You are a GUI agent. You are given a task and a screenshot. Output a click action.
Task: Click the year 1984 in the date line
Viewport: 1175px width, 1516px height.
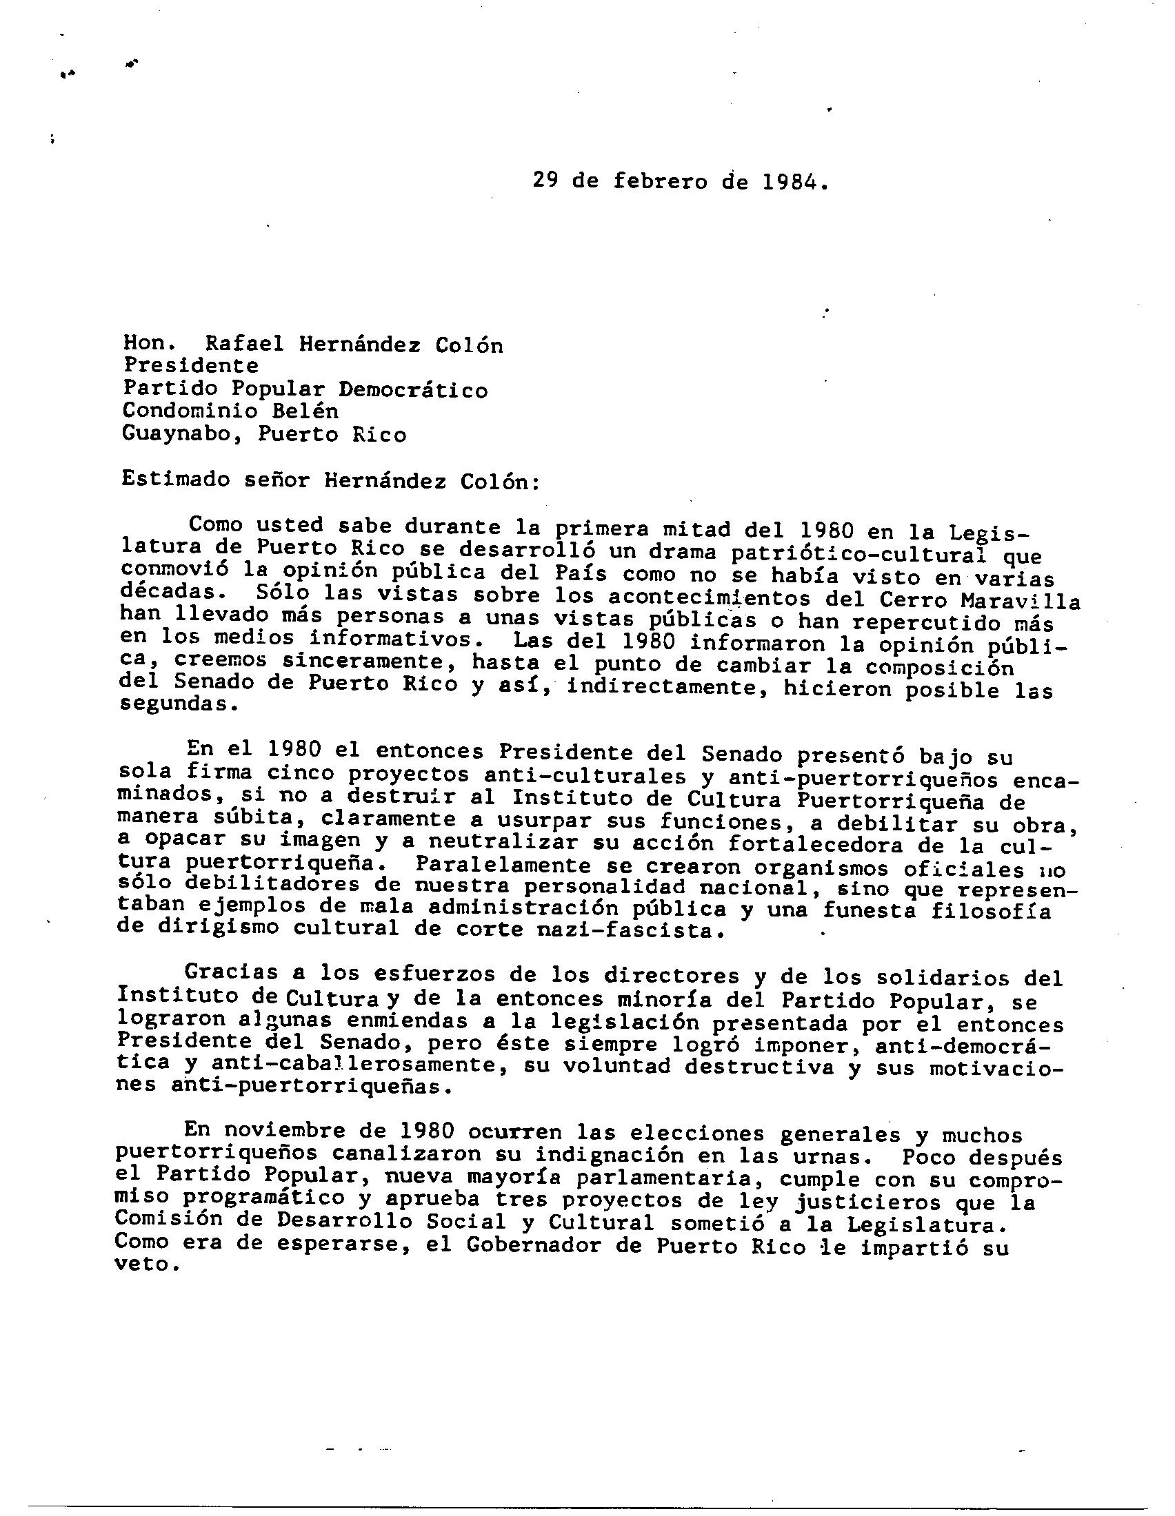[792, 182]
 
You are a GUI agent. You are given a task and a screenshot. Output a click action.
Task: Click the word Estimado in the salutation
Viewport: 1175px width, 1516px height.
[176, 480]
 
